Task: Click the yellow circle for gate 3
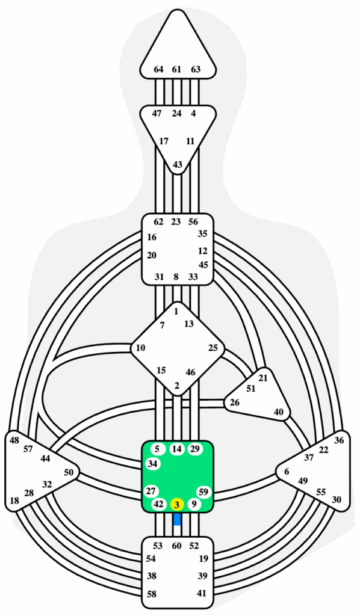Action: point(177,505)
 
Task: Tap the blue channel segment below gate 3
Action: point(177,519)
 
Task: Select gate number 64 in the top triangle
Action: point(158,70)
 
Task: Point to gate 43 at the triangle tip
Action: point(178,165)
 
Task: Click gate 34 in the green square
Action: point(153,464)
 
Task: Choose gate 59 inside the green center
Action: point(203,491)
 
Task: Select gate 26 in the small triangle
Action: point(234,402)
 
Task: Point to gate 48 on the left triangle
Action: point(14,440)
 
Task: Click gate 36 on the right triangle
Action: point(339,440)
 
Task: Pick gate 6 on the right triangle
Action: point(287,472)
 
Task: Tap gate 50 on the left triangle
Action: point(69,472)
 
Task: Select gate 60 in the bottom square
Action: point(177,545)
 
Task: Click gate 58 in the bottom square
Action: point(152,593)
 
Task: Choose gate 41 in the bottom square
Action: point(202,593)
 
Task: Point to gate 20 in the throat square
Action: point(152,255)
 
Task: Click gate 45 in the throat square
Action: point(203,265)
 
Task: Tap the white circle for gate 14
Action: point(177,449)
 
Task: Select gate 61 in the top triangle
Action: point(176,70)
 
